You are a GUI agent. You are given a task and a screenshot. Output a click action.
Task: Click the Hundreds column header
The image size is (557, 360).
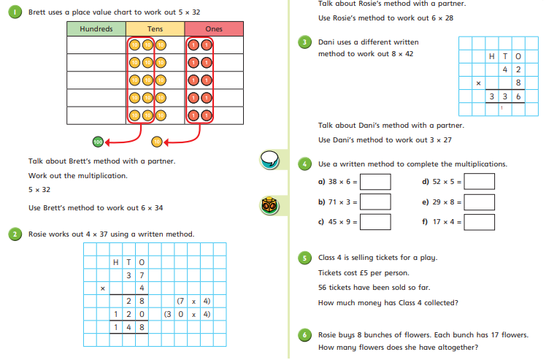click(x=96, y=28)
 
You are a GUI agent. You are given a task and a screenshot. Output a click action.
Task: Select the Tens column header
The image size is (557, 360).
click(x=155, y=28)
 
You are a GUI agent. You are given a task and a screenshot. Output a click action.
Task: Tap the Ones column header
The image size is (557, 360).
click(x=213, y=28)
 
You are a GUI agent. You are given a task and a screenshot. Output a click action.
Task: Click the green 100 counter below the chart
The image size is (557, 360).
click(x=98, y=141)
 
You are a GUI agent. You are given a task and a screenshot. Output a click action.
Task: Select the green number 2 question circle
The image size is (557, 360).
click(x=15, y=234)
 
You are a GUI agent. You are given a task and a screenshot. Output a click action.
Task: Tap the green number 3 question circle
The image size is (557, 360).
click(x=305, y=42)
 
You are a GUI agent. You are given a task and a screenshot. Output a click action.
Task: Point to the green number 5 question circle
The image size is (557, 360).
click(x=305, y=257)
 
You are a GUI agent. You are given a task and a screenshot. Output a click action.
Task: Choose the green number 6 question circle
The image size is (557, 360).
click(x=305, y=334)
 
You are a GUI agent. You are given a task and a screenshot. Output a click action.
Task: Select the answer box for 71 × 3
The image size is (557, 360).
click(x=375, y=202)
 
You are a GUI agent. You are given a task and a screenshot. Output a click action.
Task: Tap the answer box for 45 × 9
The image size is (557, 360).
click(x=375, y=221)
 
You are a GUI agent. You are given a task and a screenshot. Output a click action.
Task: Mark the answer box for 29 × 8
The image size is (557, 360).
click(x=480, y=202)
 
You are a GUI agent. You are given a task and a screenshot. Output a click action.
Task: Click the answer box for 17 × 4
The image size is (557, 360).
click(x=480, y=221)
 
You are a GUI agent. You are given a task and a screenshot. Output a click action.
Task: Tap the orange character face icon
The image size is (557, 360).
click(x=270, y=207)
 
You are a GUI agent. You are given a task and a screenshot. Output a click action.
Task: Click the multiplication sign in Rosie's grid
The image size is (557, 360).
click(x=103, y=288)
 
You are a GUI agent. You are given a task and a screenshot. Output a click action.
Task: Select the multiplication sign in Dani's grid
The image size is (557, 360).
click(x=478, y=83)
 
